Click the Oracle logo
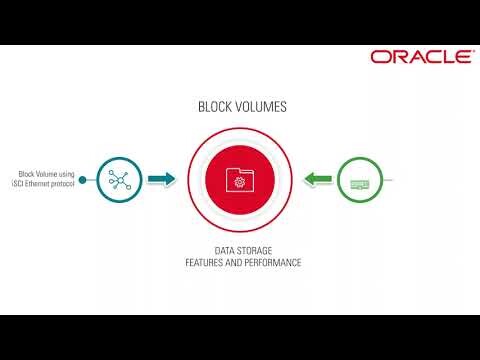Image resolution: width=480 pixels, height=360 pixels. click(x=420, y=57)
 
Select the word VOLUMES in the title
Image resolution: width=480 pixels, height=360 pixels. click(x=259, y=105)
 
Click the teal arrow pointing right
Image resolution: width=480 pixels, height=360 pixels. click(x=161, y=180)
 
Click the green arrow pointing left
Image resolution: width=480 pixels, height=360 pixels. click(x=318, y=180)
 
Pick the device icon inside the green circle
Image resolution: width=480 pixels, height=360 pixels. click(x=360, y=183)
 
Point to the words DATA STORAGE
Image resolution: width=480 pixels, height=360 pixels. click(x=243, y=250)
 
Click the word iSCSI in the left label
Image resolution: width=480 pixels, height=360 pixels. click(x=27, y=184)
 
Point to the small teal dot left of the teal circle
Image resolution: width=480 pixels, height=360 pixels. click(x=83, y=180)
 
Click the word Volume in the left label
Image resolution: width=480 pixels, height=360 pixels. click(x=44, y=174)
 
